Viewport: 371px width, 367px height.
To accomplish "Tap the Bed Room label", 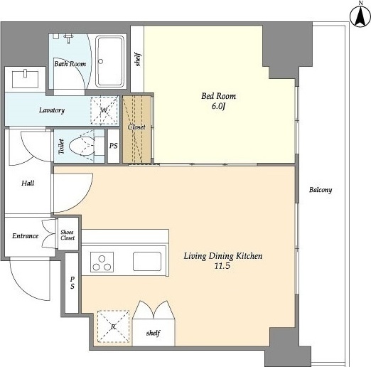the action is point(218,96).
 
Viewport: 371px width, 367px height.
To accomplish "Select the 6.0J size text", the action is point(218,106).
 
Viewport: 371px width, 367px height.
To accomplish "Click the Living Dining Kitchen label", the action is point(223,256).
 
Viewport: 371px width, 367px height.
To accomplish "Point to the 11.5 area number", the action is point(222,266).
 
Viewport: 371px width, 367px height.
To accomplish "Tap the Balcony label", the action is point(321,190).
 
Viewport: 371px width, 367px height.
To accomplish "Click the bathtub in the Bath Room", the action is point(110,62).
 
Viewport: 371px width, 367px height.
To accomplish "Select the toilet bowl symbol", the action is point(82,146).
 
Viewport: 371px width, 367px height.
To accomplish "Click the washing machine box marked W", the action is point(104,110).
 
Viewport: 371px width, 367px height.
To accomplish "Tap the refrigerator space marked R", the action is point(114,326).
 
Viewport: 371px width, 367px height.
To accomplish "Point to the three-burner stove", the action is point(102,262).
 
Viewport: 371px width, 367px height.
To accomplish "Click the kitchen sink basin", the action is point(147,261).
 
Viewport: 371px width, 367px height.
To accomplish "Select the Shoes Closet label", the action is point(68,235).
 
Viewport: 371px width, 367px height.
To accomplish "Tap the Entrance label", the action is point(25,236).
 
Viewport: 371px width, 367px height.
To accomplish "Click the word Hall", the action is point(28,183).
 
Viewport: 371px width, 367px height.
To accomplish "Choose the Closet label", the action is point(136,127).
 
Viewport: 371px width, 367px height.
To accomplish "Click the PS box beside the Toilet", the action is point(114,146).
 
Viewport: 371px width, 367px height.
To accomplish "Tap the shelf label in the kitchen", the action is point(154,333).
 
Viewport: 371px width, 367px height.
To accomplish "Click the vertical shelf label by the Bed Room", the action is point(138,60).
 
